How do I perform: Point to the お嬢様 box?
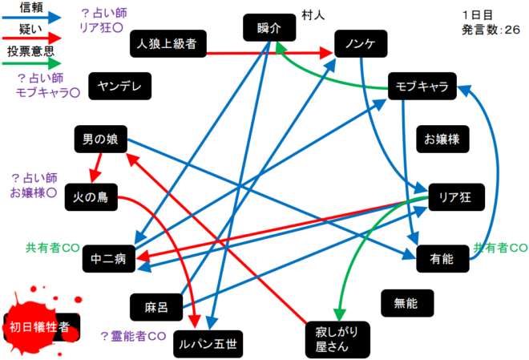click(442, 140)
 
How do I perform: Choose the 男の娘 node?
click(100, 140)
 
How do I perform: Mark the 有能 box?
click(442, 258)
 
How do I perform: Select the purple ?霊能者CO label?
click(132, 335)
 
